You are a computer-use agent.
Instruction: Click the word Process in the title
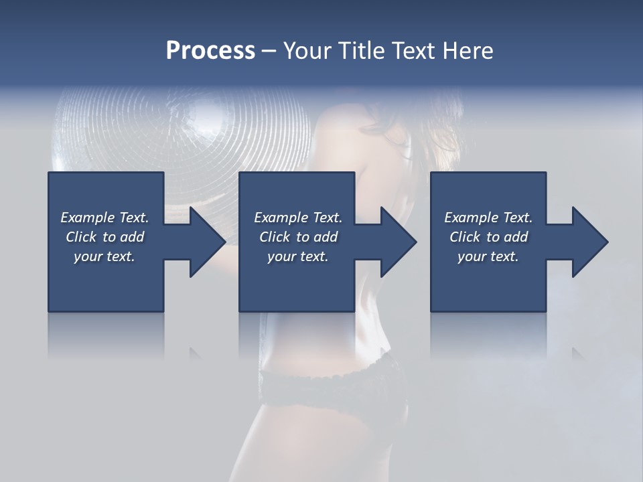[210, 51]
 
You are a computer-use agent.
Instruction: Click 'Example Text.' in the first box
[104, 218]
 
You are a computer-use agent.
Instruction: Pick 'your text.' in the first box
[104, 256]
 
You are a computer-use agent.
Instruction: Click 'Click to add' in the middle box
[298, 237]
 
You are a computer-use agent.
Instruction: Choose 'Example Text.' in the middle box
[298, 218]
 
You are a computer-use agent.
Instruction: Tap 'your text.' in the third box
[488, 256]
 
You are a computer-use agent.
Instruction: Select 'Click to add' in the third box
[488, 237]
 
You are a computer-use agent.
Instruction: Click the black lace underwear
[335, 388]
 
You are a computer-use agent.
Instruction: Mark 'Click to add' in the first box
[104, 237]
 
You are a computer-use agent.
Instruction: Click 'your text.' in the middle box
[298, 256]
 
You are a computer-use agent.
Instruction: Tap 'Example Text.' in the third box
[488, 218]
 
